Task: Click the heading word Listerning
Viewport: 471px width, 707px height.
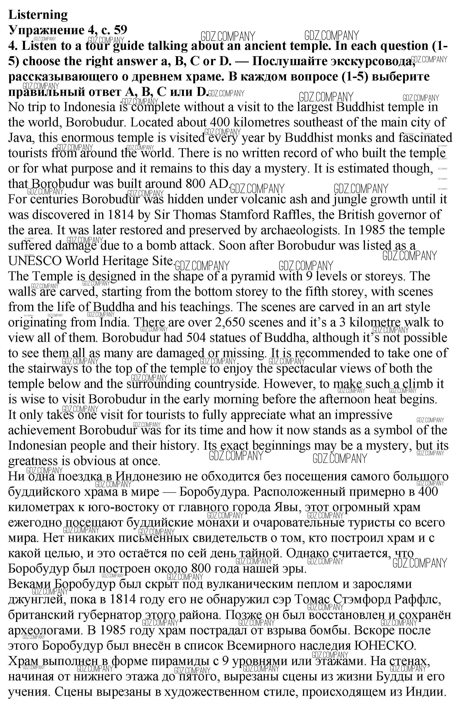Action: click(x=38, y=15)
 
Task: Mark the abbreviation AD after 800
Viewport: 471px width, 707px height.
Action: click(x=218, y=184)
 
